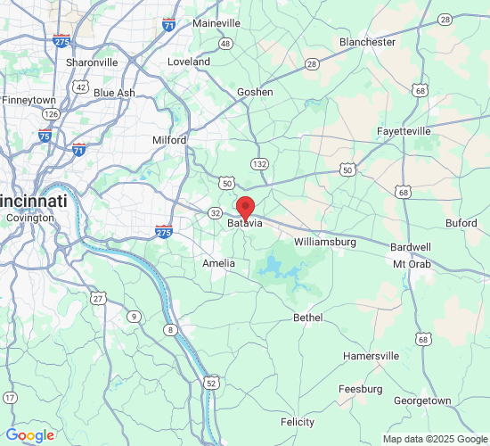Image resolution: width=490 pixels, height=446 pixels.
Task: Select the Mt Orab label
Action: (412, 264)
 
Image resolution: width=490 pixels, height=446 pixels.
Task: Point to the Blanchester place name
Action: (367, 42)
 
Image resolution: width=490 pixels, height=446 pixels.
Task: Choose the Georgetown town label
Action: (422, 401)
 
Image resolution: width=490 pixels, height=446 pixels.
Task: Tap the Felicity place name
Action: (298, 422)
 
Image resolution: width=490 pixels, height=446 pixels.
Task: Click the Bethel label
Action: (308, 318)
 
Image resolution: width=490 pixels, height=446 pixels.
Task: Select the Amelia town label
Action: (219, 263)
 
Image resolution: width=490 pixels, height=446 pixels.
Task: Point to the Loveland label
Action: (190, 62)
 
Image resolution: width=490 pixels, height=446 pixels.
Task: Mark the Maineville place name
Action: (217, 22)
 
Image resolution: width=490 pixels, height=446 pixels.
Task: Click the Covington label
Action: (30, 218)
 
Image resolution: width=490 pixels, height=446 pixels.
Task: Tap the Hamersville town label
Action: (372, 356)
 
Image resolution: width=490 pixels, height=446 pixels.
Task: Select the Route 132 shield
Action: (259, 164)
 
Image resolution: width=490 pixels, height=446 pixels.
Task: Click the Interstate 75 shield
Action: (45, 136)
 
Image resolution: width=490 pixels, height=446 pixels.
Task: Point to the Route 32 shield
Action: (216, 213)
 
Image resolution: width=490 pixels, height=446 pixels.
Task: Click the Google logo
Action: (29, 435)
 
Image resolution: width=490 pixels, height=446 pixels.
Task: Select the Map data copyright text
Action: (434, 439)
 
